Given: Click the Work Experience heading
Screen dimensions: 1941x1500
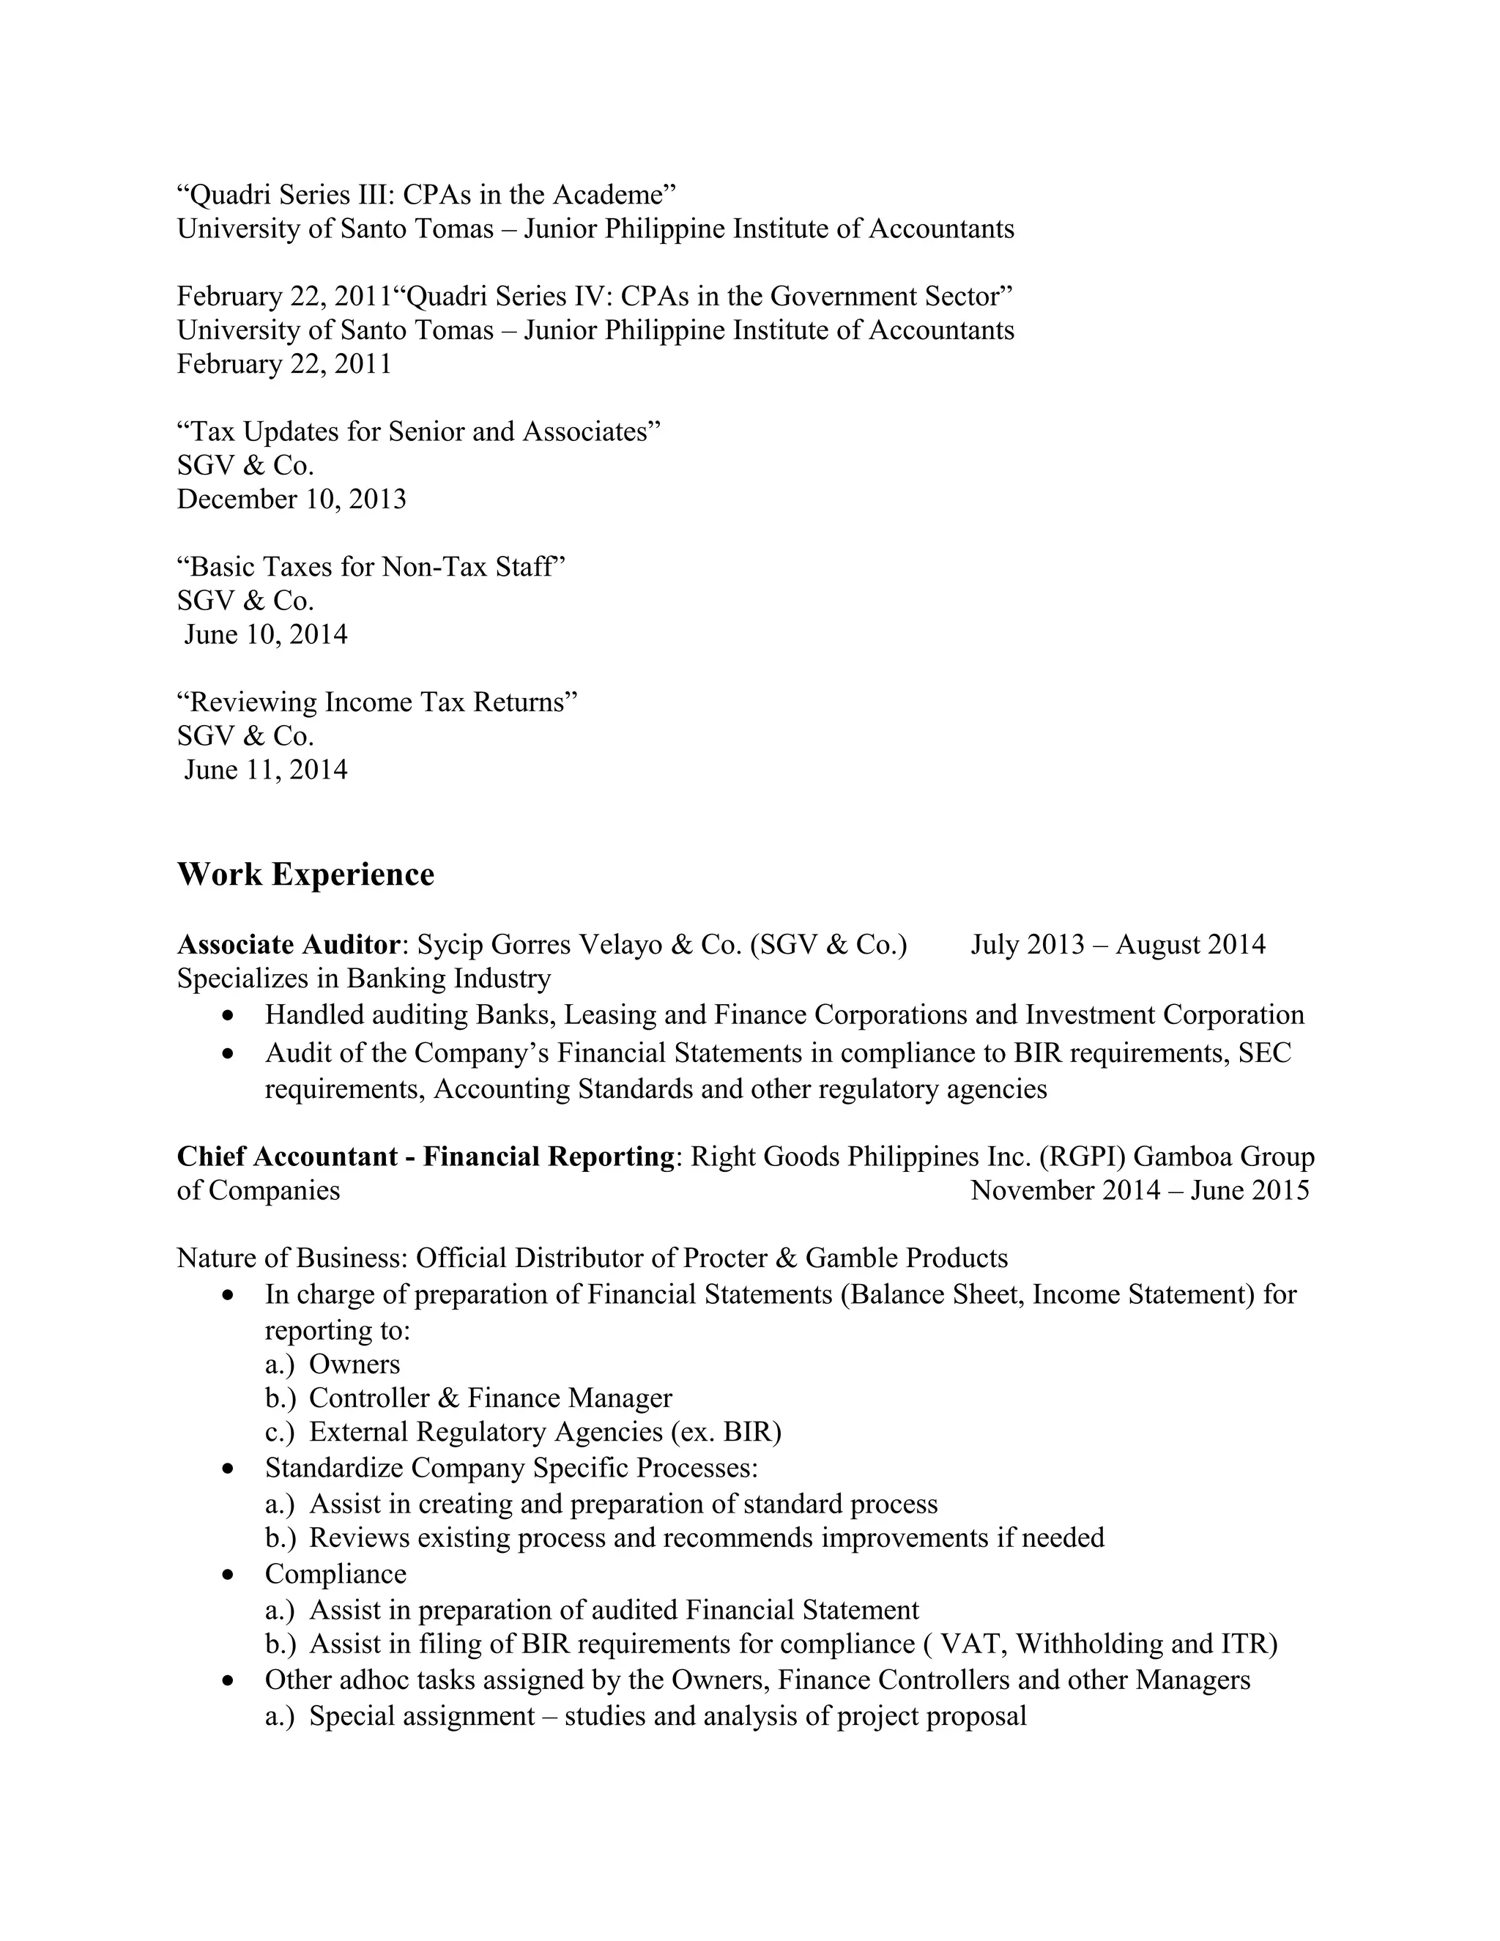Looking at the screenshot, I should [x=305, y=875].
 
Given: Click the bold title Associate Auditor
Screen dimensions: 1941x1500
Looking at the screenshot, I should [x=289, y=944].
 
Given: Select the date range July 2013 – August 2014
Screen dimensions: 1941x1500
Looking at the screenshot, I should [x=1117, y=944].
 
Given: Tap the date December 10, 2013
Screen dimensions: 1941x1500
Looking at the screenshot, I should [x=292, y=500].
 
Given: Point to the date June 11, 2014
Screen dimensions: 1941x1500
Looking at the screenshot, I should [x=266, y=770].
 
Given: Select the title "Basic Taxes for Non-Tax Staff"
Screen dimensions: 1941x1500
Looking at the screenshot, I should [x=371, y=567].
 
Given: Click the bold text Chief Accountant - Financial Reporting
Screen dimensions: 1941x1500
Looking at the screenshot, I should [x=426, y=1157].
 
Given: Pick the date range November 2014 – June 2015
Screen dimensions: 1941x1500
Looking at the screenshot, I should [x=1139, y=1190].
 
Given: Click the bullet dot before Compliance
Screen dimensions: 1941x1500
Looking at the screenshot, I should [x=229, y=1575].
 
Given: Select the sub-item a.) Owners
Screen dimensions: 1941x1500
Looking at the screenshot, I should [x=333, y=1365].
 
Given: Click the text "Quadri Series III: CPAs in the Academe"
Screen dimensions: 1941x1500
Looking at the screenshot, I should [x=426, y=195].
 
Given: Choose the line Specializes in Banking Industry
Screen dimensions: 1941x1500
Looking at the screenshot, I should [x=363, y=979].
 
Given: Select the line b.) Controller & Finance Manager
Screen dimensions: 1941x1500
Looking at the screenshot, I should [x=468, y=1398].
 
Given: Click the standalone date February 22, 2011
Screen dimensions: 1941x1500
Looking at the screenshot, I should [x=284, y=364].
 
